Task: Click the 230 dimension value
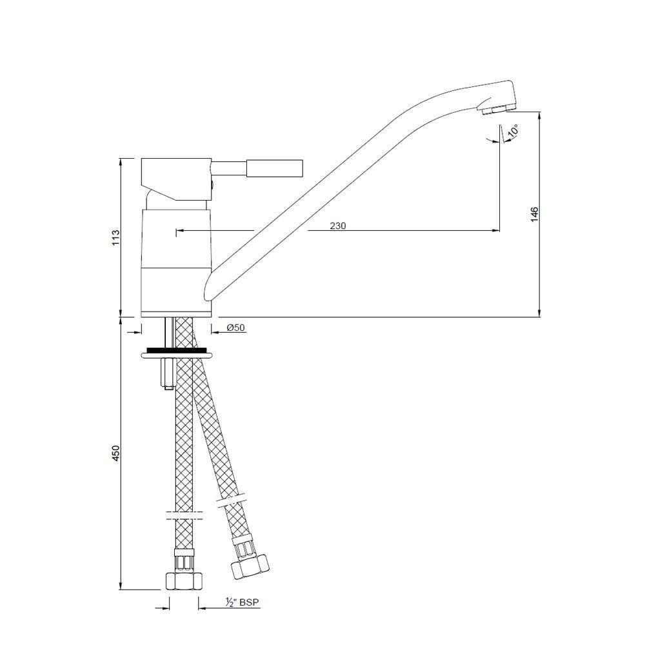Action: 338,226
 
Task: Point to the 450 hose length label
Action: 116,453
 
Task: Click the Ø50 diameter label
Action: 235,328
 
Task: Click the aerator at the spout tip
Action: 499,109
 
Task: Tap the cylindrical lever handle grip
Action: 273,169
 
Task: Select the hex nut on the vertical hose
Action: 183,580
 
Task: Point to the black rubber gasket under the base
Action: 177,350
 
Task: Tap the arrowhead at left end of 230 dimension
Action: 179,230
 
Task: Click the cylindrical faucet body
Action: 176,258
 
